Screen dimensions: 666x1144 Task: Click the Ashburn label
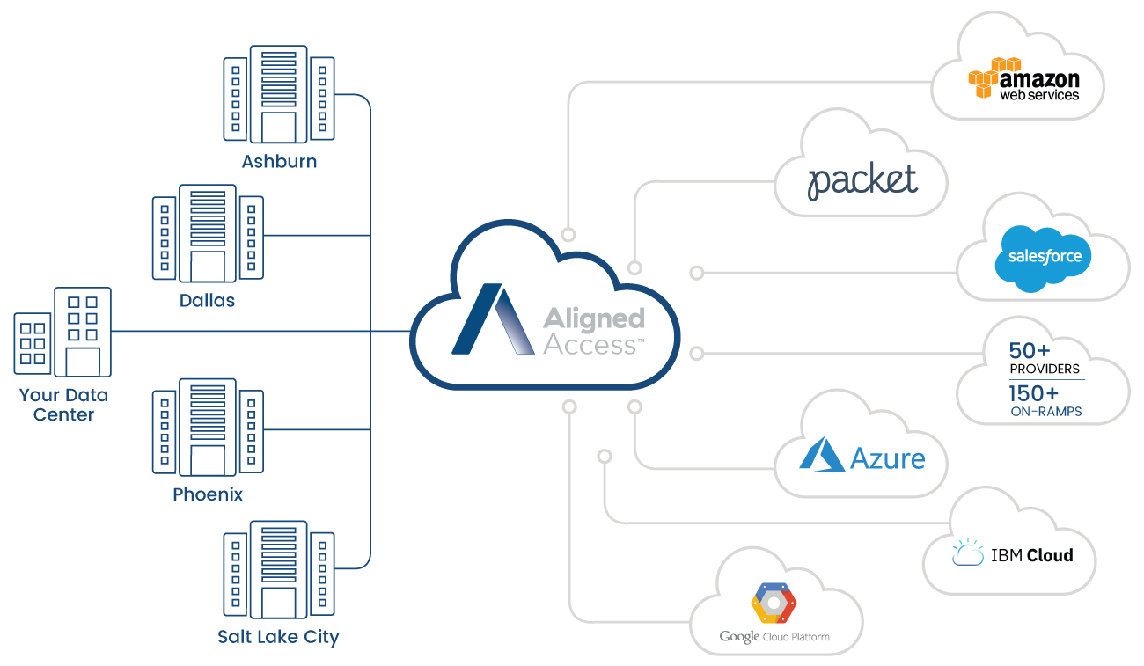(279, 161)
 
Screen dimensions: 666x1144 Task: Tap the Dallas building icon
(208, 233)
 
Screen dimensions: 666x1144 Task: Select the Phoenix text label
(208, 494)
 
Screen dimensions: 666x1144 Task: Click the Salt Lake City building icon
(279, 569)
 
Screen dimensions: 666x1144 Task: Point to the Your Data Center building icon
(63, 332)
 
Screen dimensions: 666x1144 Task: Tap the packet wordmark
(862, 180)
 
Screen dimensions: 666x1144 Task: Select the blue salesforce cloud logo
(1043, 258)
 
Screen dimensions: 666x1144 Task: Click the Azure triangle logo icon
(821, 455)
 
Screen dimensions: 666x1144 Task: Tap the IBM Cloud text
(1031, 555)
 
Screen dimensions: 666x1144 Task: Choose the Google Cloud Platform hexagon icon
(774, 604)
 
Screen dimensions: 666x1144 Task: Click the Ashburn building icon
(279, 94)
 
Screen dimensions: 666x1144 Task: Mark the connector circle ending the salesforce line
(697, 273)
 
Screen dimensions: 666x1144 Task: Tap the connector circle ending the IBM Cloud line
(605, 456)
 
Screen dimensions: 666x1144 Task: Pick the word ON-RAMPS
(1046, 412)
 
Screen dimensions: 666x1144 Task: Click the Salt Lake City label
(278, 637)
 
